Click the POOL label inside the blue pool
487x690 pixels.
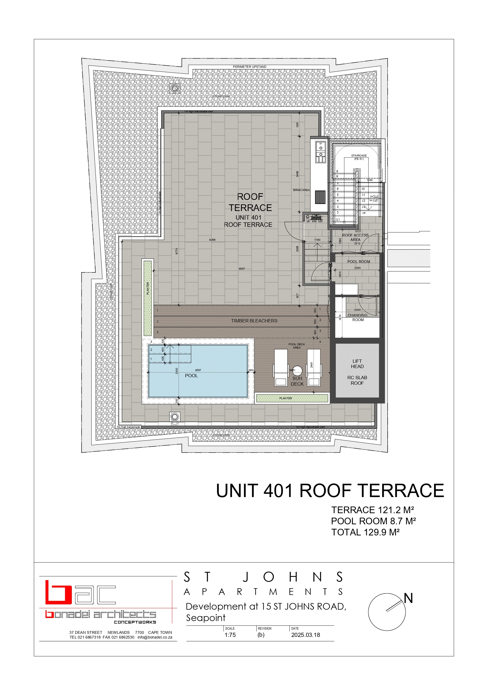[x=191, y=376]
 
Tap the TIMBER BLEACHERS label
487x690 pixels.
[x=254, y=321]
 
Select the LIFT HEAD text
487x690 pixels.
[x=357, y=364]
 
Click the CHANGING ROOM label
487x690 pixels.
[x=357, y=317]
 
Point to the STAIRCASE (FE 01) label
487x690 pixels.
[x=359, y=157]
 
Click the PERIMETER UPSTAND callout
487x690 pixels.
[x=250, y=67]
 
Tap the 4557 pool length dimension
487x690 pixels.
[x=198, y=370]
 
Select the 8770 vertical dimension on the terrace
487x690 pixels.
[x=177, y=251]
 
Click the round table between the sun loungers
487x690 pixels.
[x=297, y=371]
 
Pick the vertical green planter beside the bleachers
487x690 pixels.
[x=147, y=298]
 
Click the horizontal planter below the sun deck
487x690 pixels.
[x=292, y=398]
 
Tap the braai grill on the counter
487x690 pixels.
[x=320, y=197]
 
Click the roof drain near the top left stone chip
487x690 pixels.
[x=175, y=88]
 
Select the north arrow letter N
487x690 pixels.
[x=408, y=598]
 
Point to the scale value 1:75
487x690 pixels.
[x=230, y=635]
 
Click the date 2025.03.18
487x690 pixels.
[x=306, y=635]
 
